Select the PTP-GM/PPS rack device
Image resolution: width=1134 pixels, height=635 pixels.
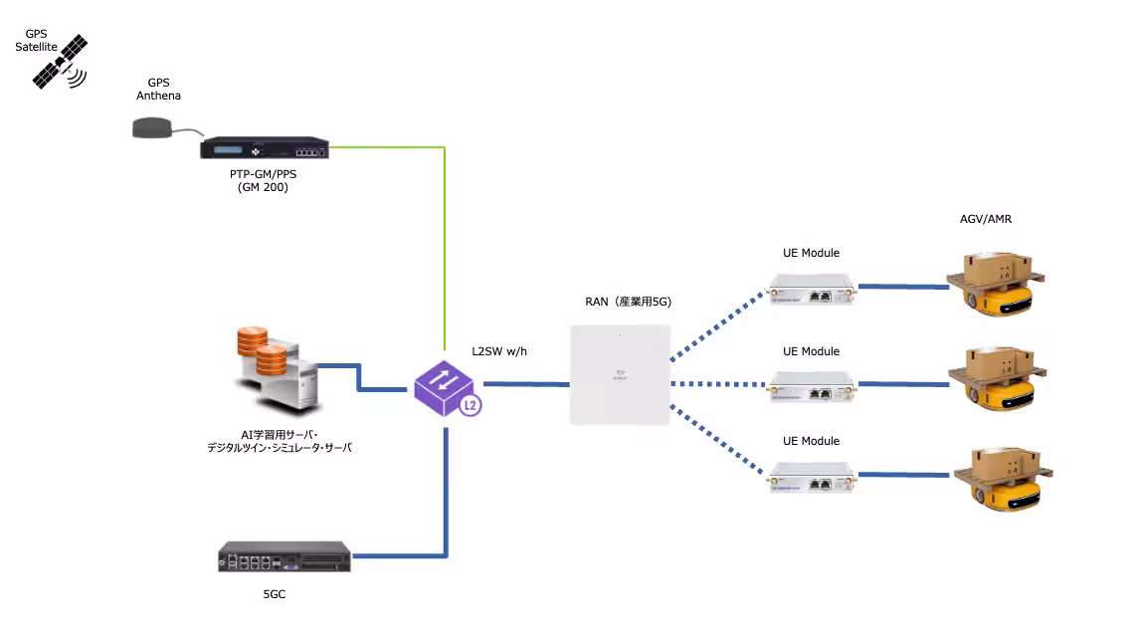(x=264, y=148)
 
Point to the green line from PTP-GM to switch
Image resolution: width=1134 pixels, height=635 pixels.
(x=444, y=249)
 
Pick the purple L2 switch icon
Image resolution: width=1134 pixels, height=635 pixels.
(x=447, y=387)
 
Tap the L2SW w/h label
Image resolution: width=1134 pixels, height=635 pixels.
(x=498, y=350)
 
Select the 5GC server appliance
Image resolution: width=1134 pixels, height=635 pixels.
(x=284, y=555)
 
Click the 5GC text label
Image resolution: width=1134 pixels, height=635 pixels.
(x=274, y=594)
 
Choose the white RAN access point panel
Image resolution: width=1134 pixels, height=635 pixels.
(x=619, y=373)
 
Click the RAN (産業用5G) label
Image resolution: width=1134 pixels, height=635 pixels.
(x=628, y=302)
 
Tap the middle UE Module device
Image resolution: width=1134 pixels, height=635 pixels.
(x=811, y=385)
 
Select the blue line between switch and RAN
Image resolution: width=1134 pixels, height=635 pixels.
(x=525, y=383)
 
